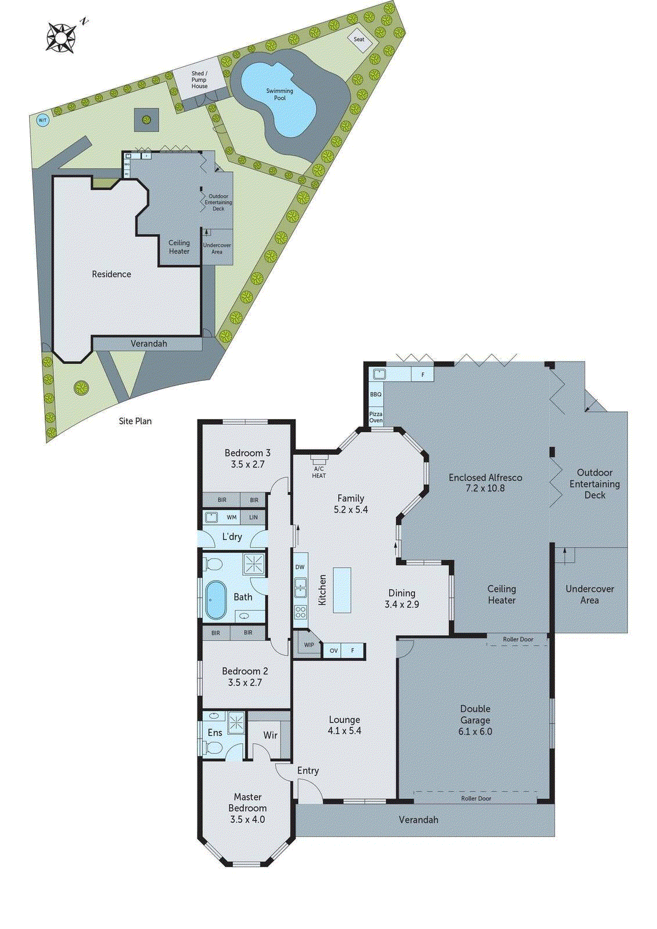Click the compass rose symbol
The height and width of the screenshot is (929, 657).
pyautogui.click(x=60, y=37)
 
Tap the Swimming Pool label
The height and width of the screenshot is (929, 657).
pyautogui.click(x=279, y=94)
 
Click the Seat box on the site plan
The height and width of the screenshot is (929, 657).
pyautogui.click(x=359, y=39)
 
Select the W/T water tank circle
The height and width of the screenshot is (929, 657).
pyautogui.click(x=42, y=120)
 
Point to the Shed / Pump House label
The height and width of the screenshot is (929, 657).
pyautogui.click(x=199, y=80)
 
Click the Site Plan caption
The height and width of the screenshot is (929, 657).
pyautogui.click(x=135, y=421)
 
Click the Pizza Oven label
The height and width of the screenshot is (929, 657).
pyautogui.click(x=376, y=417)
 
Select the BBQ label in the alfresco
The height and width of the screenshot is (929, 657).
pyautogui.click(x=376, y=394)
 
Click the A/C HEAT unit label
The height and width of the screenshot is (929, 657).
pyautogui.click(x=319, y=472)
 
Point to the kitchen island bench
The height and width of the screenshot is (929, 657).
pyautogui.click(x=342, y=590)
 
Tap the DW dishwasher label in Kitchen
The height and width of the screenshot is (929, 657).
pyautogui.click(x=300, y=567)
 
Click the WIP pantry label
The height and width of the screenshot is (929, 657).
pyautogui.click(x=309, y=644)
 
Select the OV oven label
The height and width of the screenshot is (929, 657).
pyautogui.click(x=333, y=650)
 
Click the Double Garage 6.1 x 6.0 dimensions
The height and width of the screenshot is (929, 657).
pyautogui.click(x=475, y=732)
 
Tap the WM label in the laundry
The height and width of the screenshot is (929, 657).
pyautogui.click(x=232, y=517)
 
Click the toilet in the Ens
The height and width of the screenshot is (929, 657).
pyautogui.click(x=213, y=748)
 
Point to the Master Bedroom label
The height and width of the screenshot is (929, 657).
pyautogui.click(x=247, y=802)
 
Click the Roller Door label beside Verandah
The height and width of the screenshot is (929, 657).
pyautogui.click(x=476, y=798)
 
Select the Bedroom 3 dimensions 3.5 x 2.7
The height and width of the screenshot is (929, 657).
pyautogui.click(x=247, y=464)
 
